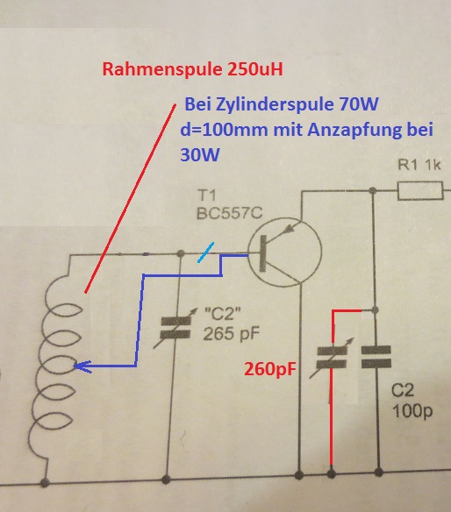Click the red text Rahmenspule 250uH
click(192, 69)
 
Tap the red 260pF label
click(270, 369)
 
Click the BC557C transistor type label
click(229, 214)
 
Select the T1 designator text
click(207, 196)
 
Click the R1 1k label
click(419, 165)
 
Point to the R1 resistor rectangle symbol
click(420, 191)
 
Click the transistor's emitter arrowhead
click(289, 229)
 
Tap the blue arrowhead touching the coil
click(82, 366)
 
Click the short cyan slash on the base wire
click(206, 252)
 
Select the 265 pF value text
click(232, 334)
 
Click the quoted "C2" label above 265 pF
click(222, 314)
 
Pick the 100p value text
click(412, 411)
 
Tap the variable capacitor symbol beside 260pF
click(332, 358)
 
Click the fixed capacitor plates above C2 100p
click(376, 357)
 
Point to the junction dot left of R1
click(372, 190)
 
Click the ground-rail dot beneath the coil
click(45, 482)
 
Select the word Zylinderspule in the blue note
click(276, 105)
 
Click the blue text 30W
click(200, 154)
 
